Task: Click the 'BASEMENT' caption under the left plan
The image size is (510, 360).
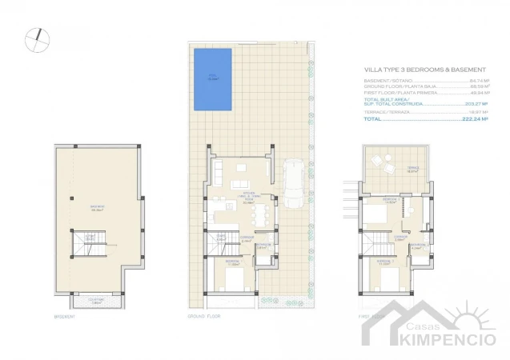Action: click(65, 317)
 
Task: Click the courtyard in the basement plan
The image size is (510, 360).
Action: click(96, 302)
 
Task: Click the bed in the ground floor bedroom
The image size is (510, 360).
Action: click(232, 280)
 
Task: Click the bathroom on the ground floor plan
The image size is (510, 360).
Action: click(262, 246)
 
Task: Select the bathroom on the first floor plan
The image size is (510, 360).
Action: click(416, 247)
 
